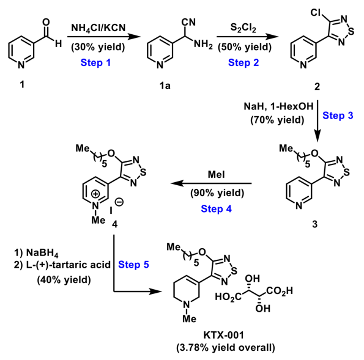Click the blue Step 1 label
pyautogui.click(x=95, y=62)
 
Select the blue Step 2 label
pyautogui.click(x=243, y=62)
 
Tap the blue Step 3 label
pyautogui.click(x=338, y=116)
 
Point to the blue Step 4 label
pyautogui.click(x=216, y=208)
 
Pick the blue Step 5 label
pyautogui.click(x=133, y=265)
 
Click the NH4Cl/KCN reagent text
pyautogui.click(x=98, y=28)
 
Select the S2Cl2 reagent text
pyautogui.click(x=243, y=28)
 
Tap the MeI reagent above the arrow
pyautogui.click(x=216, y=174)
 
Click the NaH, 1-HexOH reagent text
pyautogui.click(x=278, y=106)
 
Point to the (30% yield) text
pyautogui.click(x=98, y=47)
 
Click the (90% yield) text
pyautogui.click(x=217, y=193)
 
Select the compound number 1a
pyautogui.click(x=165, y=86)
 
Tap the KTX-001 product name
pyautogui.click(x=223, y=335)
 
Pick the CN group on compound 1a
pyautogui.click(x=188, y=22)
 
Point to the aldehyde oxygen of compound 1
pyautogui.click(x=46, y=22)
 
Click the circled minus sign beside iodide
pyautogui.click(x=119, y=202)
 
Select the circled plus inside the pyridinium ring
pyautogui.click(x=95, y=194)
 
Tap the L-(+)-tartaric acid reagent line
pyautogui.click(x=62, y=265)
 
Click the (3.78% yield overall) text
pyautogui.click(x=226, y=348)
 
